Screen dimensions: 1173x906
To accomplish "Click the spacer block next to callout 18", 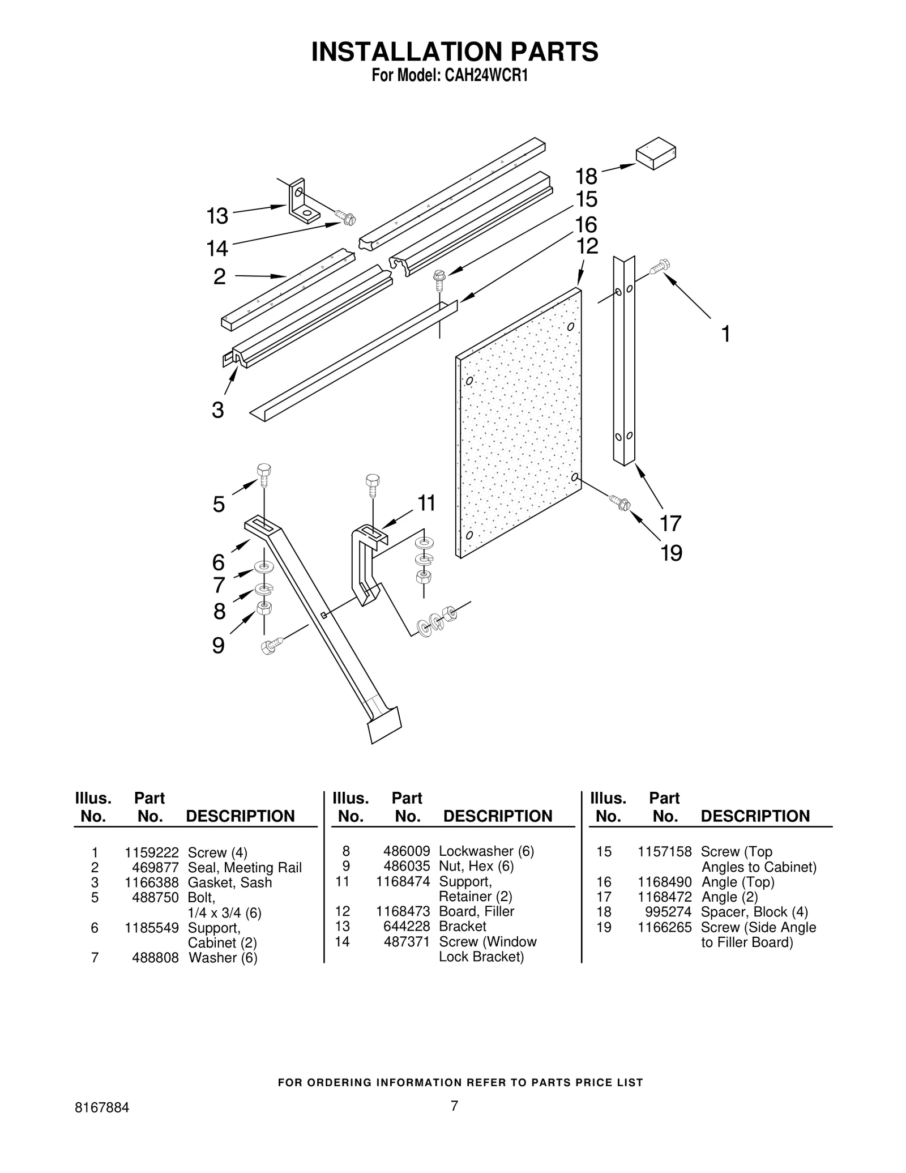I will (656, 153).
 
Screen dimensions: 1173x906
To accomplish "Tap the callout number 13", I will (217, 216).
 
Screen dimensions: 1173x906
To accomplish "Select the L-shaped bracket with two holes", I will (304, 202).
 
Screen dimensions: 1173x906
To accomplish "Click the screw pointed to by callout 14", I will (345, 217).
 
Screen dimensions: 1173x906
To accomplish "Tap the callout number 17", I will (670, 523).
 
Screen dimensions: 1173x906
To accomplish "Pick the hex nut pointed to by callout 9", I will (264, 609).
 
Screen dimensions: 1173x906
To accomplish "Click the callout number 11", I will (426, 503).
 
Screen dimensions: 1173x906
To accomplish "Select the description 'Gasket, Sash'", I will (230, 882).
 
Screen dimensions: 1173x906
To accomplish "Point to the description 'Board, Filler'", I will (476, 911).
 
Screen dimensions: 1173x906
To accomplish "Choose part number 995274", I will (668, 912).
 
